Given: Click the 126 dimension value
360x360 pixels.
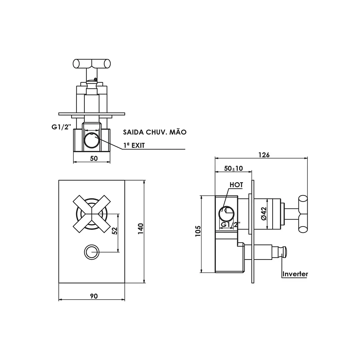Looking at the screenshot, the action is (264, 155).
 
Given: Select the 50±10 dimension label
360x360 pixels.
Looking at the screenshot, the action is (233, 168).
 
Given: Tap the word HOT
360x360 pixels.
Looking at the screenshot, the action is (236, 185).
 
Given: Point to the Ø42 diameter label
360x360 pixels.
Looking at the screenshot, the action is (264, 214).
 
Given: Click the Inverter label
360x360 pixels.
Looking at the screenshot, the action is (295, 274).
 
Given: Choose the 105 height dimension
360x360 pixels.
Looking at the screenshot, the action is (198, 231).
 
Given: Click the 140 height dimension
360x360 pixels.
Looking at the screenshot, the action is (140, 229).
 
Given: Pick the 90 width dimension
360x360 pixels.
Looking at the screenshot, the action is (94, 296).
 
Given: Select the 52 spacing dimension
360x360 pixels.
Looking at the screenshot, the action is (115, 231).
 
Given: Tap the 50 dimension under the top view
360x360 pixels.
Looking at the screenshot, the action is (94, 158).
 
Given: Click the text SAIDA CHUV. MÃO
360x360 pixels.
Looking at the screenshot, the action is (155, 132).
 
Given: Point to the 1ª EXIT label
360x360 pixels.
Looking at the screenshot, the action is (134, 145).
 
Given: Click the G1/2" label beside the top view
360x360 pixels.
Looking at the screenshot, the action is (61, 127).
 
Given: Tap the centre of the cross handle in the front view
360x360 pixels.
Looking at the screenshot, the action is (92, 214).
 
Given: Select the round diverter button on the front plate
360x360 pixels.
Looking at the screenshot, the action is (92, 252).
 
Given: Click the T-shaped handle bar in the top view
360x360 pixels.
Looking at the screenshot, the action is (92, 64).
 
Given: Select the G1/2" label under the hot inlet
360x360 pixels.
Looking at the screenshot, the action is (231, 224).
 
